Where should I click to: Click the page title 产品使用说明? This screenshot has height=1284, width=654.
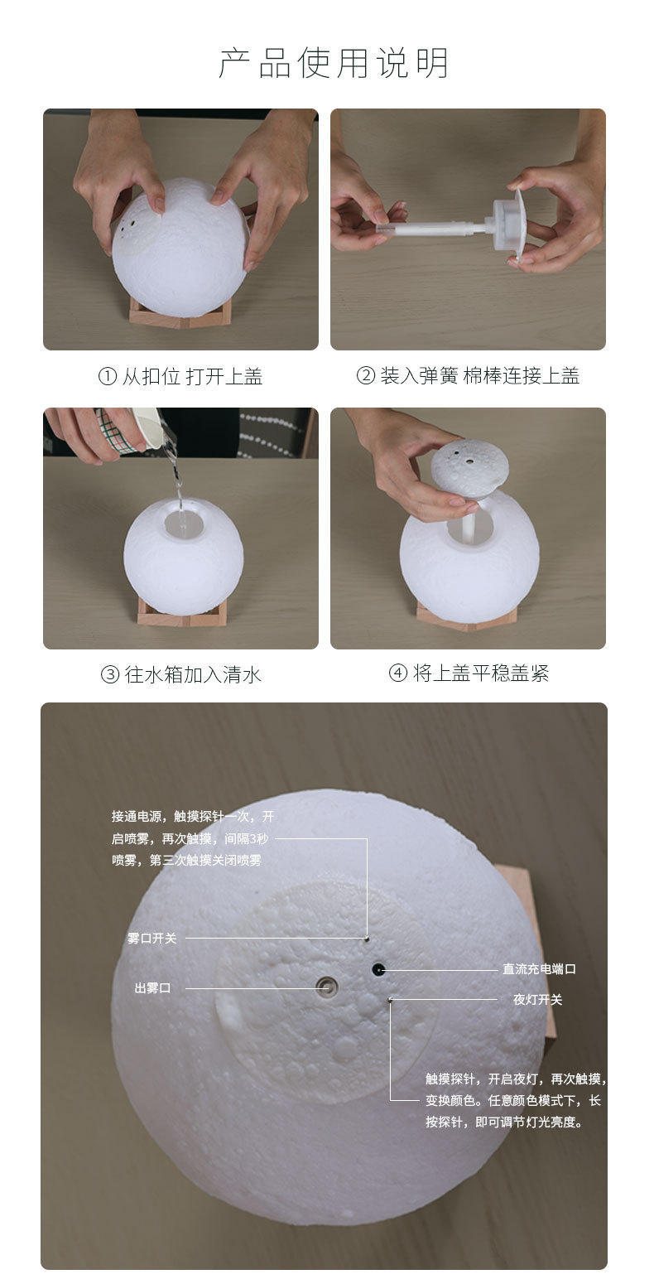(x=334, y=64)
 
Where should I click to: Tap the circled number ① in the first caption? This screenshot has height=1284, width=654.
(x=108, y=377)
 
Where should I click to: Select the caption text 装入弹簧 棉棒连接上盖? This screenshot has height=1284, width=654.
(x=479, y=376)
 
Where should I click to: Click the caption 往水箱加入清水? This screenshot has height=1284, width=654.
(x=193, y=674)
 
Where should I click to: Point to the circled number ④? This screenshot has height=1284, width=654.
(x=398, y=673)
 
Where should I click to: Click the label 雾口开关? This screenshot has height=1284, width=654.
(x=151, y=939)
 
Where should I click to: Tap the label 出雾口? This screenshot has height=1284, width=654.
(x=152, y=987)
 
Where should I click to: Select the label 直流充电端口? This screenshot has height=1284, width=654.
(x=539, y=968)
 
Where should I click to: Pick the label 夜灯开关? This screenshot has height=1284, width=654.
(x=537, y=1000)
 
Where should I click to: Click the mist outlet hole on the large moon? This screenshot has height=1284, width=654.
(x=327, y=985)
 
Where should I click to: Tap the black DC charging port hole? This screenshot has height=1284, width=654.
(x=378, y=968)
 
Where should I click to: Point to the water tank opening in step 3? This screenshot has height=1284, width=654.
(x=184, y=524)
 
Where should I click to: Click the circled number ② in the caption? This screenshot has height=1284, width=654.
(x=366, y=376)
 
